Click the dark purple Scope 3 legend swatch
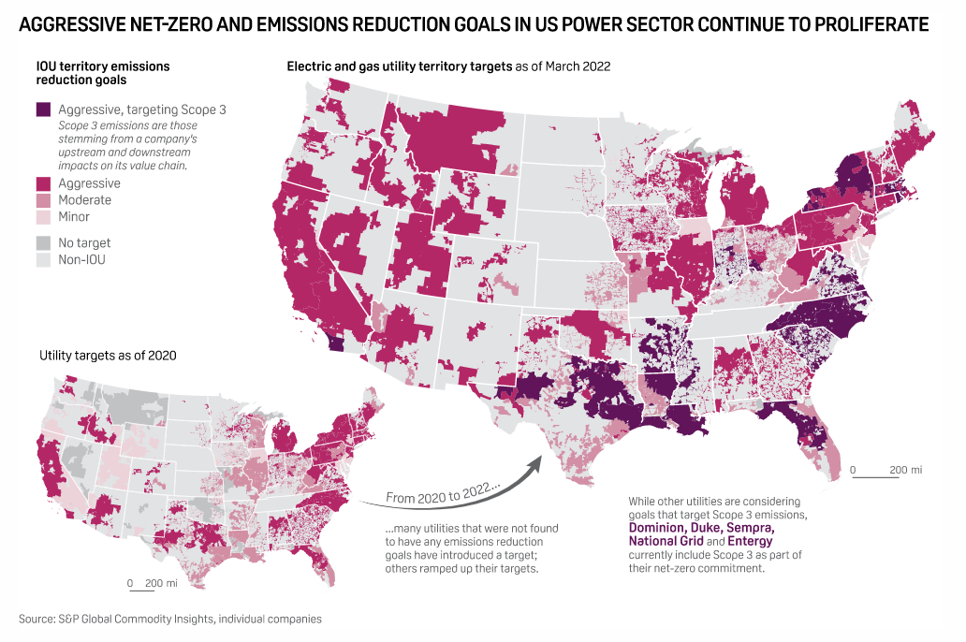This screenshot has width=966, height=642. pos(43,109)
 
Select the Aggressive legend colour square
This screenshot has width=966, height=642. pos(43,183)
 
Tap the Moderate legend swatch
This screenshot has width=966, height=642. pos(43,200)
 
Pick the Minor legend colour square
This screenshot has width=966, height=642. pos(43,217)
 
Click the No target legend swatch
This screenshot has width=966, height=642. pos(43,242)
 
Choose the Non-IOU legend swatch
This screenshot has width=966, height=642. pos(43,259)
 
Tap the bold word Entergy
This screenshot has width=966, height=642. pos(751,541)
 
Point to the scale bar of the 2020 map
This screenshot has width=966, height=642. pos(144,591)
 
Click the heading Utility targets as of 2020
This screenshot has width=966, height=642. pos(108,356)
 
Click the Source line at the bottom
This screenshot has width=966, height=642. pos(169,619)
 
